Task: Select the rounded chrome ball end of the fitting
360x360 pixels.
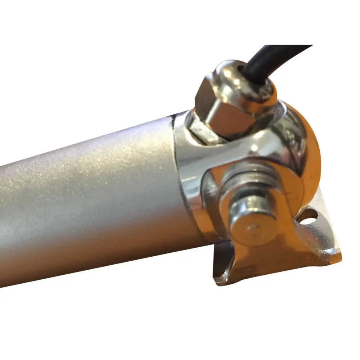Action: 306,151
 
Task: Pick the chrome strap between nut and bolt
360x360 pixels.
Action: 238,148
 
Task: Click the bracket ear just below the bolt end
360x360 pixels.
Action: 259,259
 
